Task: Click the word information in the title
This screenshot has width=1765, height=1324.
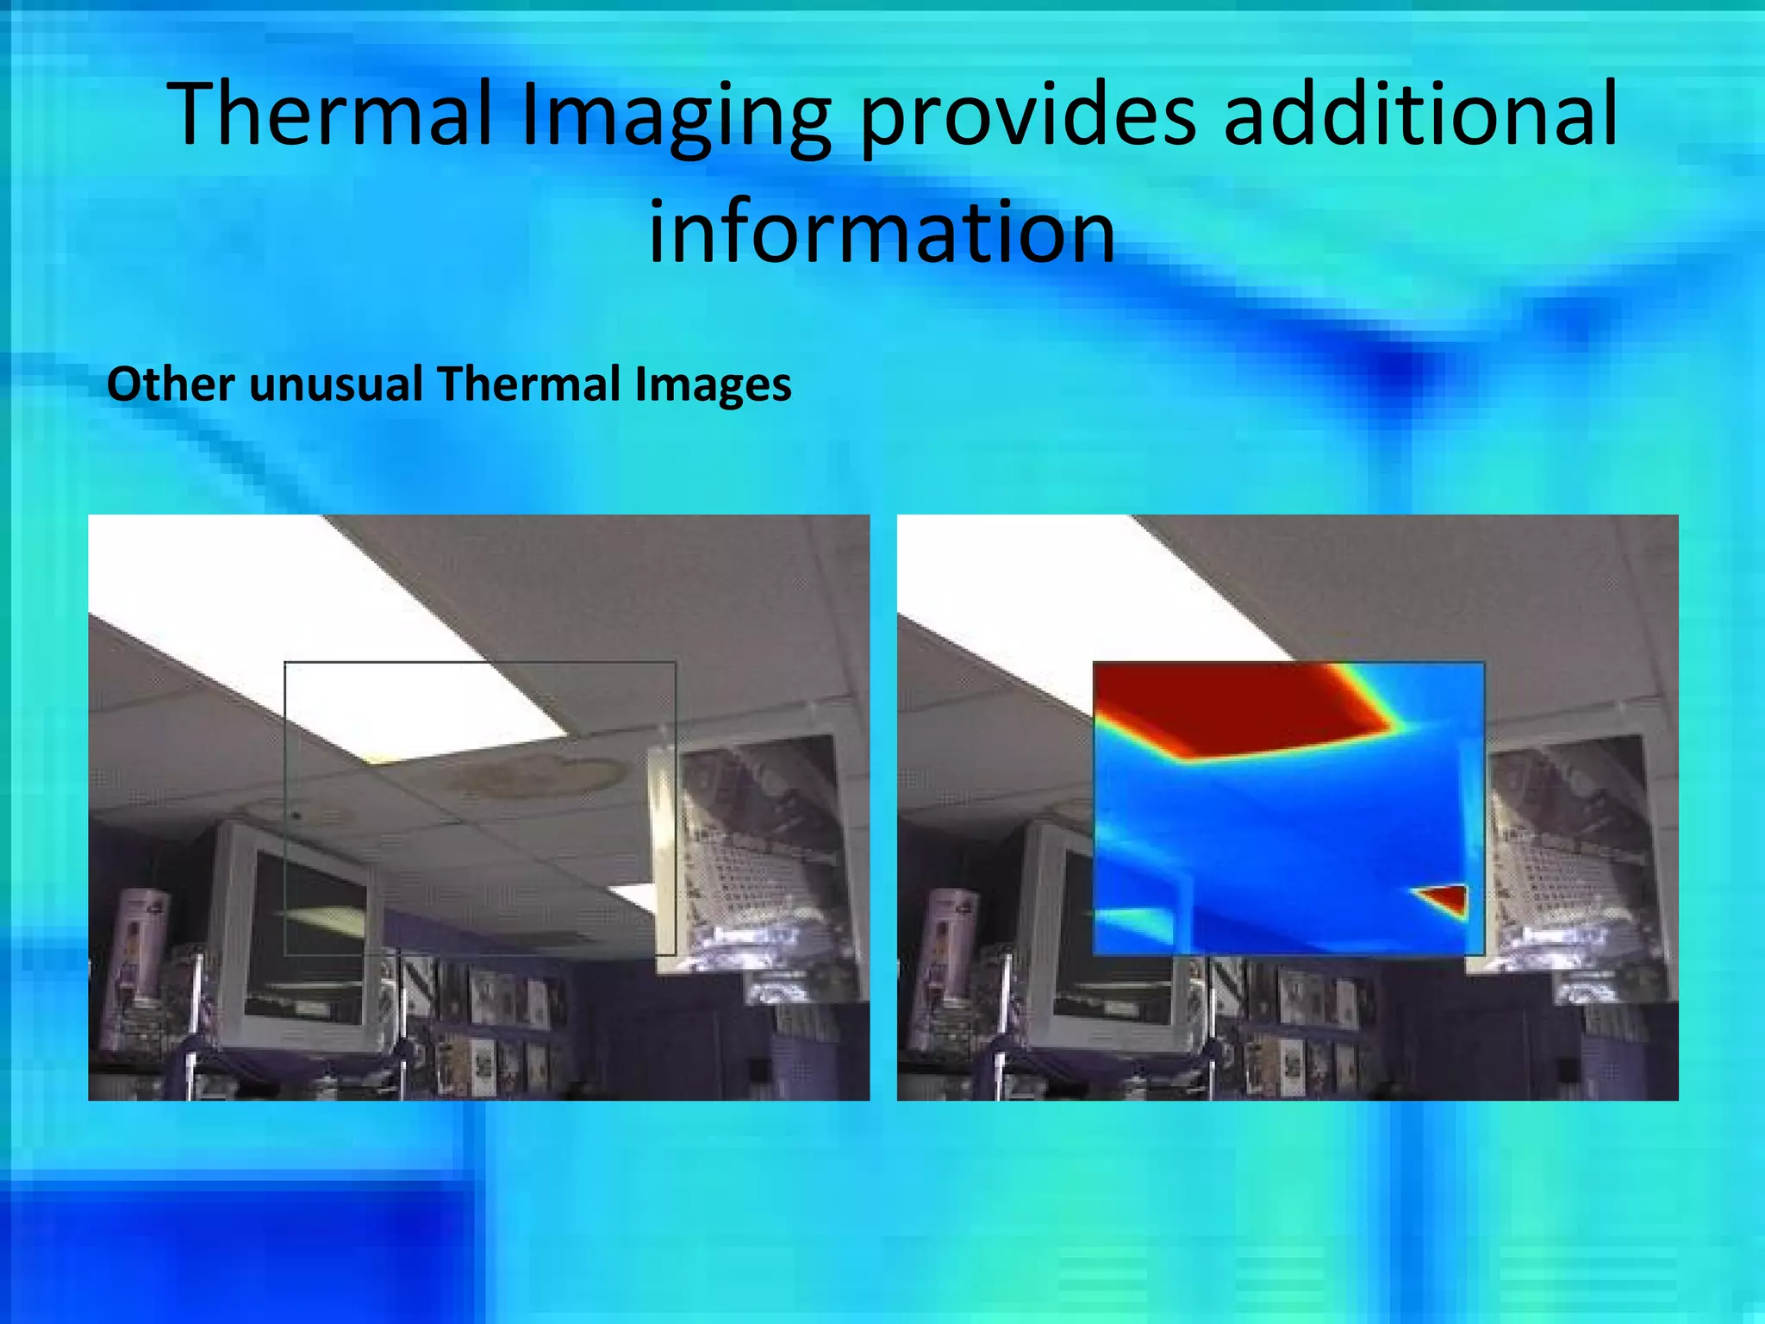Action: click(882, 231)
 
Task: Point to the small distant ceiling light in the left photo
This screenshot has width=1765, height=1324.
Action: click(633, 896)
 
